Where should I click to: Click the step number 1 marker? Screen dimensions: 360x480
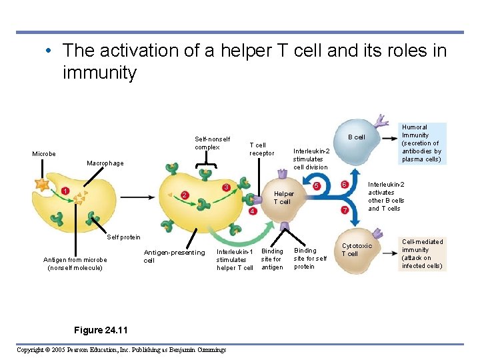(65, 191)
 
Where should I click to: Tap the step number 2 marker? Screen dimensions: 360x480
(185, 195)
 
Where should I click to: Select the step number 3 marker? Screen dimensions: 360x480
(226, 187)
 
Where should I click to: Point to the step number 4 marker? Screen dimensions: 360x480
(253, 211)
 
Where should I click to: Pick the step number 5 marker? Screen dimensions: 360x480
(317, 185)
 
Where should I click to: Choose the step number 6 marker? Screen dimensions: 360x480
(345, 184)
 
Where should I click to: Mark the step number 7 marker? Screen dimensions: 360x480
(345, 211)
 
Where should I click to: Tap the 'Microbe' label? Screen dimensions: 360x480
(44, 154)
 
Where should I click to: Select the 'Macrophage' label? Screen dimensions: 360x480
(105, 163)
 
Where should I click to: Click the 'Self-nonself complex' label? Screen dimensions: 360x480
(212, 143)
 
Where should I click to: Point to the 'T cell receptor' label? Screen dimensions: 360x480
(261, 149)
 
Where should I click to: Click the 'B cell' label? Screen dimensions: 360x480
(357, 137)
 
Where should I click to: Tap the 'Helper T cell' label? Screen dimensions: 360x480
(284, 198)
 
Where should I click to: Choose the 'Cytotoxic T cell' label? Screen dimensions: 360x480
(357, 249)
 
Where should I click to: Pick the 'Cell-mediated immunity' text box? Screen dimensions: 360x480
(422, 253)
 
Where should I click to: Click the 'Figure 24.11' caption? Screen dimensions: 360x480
(101, 330)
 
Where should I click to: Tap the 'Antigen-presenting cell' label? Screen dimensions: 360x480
(174, 256)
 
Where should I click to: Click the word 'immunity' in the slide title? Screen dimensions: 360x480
(99, 72)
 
